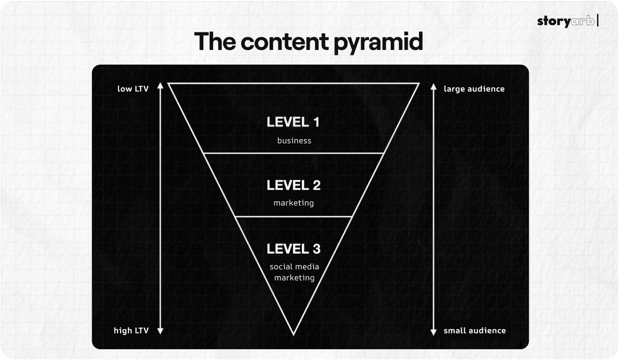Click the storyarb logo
coord(568,21)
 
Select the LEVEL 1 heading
coord(293,122)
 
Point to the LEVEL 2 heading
coord(294,185)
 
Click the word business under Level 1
coord(294,141)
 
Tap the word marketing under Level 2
coord(294,203)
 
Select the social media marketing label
coord(294,272)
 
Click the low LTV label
coord(133,89)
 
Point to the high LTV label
coord(131,331)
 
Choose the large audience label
coord(474,89)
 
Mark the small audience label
coord(474,331)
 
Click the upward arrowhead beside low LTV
coord(160,86)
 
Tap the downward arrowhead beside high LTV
coord(160,332)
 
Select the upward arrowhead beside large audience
coord(433,86)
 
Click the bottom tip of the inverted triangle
coord(294,334)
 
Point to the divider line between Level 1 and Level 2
coord(294,153)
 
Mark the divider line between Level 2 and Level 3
coord(294,216)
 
